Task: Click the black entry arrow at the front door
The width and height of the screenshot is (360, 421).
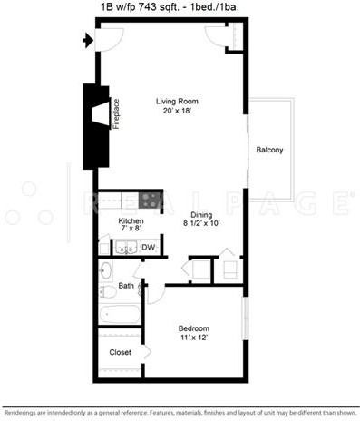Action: coord(88,40)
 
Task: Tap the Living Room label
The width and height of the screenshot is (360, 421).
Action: coord(177,102)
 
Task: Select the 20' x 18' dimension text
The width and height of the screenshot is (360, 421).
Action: coord(177,111)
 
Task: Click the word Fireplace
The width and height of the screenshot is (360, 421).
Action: coord(116,114)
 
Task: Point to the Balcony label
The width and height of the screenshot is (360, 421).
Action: coord(269,150)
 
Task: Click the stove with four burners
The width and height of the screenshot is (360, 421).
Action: coord(149,200)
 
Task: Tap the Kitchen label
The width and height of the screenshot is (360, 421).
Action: coord(131,220)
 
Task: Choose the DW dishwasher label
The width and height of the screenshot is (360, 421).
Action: coord(149,247)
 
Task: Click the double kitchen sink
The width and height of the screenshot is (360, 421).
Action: coord(126,248)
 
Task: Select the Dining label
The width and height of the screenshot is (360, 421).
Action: coord(201,215)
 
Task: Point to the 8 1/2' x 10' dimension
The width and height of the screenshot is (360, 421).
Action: coord(201,223)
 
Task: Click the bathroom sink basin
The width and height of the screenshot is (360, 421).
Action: coord(106,269)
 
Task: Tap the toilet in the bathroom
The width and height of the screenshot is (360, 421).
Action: coord(108,292)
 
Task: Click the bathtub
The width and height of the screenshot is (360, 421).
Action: coord(120,314)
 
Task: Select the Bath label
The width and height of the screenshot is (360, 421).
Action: coord(126,286)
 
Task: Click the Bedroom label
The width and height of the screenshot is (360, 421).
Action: coord(194,328)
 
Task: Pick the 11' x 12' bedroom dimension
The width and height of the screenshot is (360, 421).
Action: coord(194,338)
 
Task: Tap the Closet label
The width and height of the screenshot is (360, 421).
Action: coord(120,352)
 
